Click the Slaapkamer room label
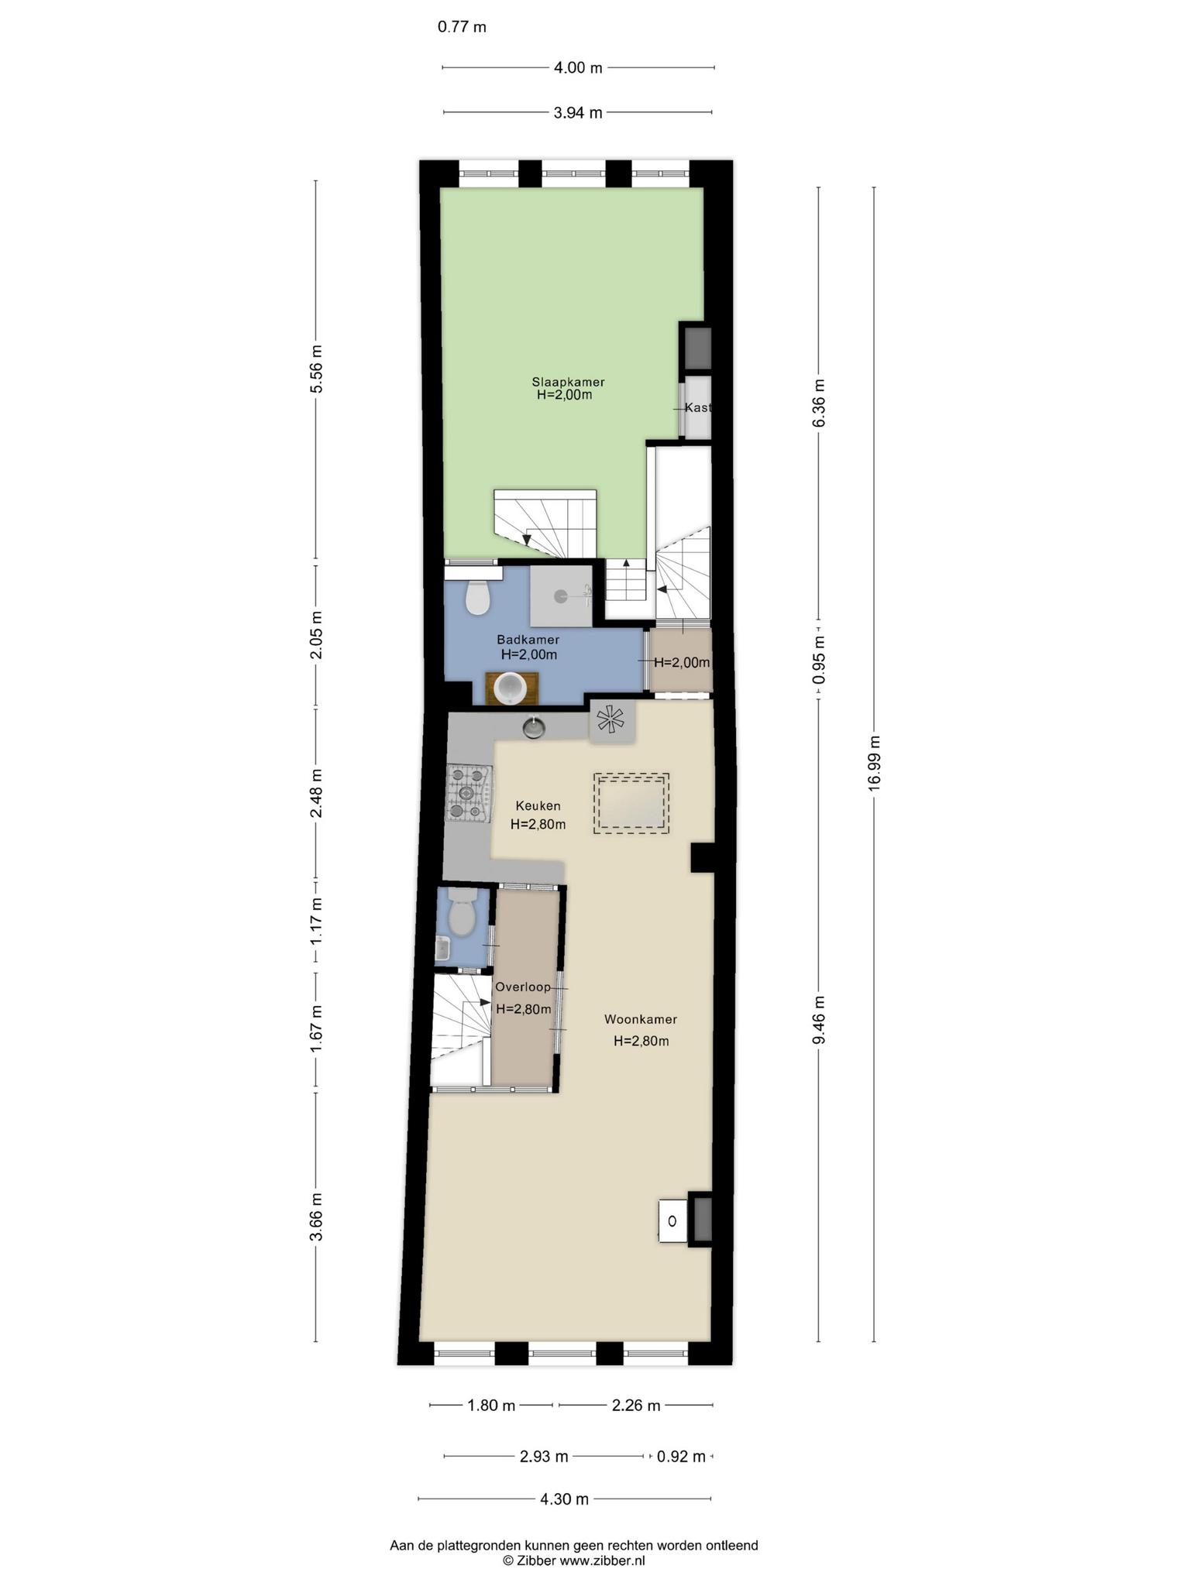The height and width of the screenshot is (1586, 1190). tap(568, 382)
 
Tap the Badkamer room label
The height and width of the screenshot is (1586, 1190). tap(528, 640)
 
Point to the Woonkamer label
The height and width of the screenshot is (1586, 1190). tap(641, 1020)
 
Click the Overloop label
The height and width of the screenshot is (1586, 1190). tap(523, 987)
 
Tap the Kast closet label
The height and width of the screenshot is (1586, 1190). tap(697, 408)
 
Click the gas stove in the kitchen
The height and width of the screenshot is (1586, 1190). tap(469, 793)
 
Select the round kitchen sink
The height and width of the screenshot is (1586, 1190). tap(533, 728)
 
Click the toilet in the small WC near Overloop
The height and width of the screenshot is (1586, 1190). tap(463, 911)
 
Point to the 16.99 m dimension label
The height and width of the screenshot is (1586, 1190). tap(875, 762)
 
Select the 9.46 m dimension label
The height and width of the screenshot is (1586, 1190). tap(819, 1020)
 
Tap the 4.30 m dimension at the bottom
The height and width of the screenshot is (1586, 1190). tap(565, 1498)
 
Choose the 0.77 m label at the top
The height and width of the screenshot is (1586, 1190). tap(462, 27)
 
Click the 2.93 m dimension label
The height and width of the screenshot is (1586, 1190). tap(544, 1457)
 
